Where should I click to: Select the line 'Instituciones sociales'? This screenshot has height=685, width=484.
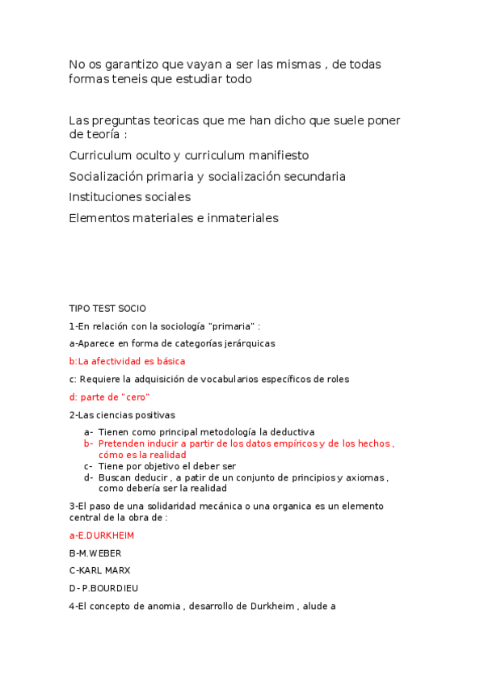[x=129, y=197]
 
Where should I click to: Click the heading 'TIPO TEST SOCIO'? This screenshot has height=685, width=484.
[x=107, y=308]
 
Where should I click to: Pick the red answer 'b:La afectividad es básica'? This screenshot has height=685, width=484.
[x=127, y=361]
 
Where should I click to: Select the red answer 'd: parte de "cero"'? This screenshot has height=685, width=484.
[x=110, y=397]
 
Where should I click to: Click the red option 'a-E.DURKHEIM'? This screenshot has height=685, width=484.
[x=102, y=535]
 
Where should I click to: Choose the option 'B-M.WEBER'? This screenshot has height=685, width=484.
[x=95, y=553]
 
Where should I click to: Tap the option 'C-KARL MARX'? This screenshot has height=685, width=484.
[x=99, y=570]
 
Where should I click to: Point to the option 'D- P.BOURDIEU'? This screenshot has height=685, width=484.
[x=103, y=588]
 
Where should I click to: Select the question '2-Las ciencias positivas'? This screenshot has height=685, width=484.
[x=122, y=414]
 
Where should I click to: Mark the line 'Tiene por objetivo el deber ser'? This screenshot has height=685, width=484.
[x=167, y=466]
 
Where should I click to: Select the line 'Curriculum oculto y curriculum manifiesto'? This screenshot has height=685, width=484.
[x=188, y=155]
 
